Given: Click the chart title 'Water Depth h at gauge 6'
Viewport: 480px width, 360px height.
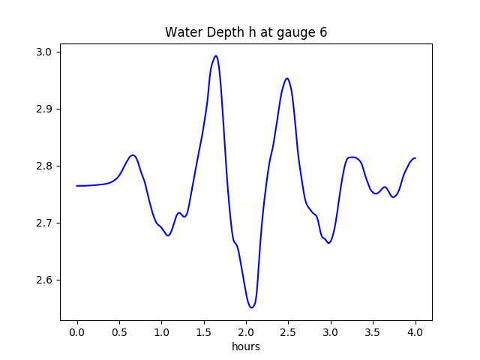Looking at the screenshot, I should tap(246, 32).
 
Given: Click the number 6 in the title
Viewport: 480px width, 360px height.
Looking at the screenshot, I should tap(323, 32).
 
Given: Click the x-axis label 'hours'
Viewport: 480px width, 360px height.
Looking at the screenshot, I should tap(246, 347).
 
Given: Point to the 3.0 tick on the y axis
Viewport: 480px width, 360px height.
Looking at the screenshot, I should tap(43, 52).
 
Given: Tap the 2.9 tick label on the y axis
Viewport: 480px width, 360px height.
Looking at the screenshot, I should tap(43, 109).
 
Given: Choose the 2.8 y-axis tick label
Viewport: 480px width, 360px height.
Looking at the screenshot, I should tap(43, 166).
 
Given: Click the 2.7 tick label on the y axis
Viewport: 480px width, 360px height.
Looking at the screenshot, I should tap(43, 223).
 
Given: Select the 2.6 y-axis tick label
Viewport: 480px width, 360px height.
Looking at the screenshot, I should tap(43, 280).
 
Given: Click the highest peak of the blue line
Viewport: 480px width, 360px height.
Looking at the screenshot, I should tap(216, 55).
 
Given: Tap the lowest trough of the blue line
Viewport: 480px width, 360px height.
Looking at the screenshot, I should tap(252, 307).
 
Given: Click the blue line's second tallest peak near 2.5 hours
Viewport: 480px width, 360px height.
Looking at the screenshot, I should tap(286, 78).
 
